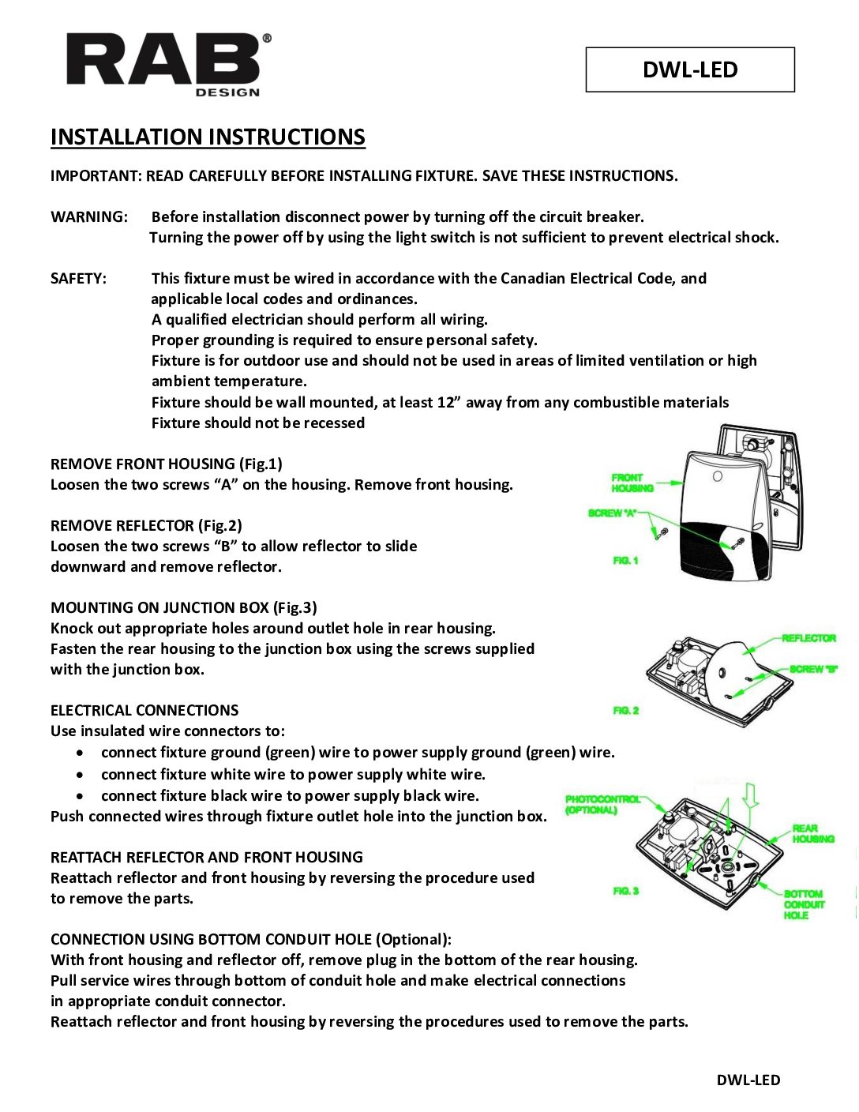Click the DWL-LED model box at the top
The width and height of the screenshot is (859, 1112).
pos(689,69)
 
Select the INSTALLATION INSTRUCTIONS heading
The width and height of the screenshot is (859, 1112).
pos(208,137)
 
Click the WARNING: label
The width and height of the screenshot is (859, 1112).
pos(88,217)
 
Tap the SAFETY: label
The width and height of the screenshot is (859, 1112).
pos(78,279)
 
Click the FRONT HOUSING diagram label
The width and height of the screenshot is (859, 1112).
pos(632,483)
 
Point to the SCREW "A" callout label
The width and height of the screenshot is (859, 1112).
pos(612,513)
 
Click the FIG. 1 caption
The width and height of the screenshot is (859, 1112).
pos(625,561)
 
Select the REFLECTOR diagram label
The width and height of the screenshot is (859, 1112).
pos(808,638)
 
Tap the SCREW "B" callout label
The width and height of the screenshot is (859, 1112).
pos(813,670)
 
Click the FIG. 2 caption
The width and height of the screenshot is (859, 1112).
pos(625,711)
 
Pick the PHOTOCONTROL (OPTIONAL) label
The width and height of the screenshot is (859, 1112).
pos(602,805)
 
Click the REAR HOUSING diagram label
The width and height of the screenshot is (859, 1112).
pos(813,834)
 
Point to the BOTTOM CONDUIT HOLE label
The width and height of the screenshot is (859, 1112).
pos(803,904)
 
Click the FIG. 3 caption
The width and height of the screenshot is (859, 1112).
pos(625,891)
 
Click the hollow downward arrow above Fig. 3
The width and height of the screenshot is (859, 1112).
pos(750,795)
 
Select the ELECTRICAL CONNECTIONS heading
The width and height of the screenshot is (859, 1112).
pos(144,711)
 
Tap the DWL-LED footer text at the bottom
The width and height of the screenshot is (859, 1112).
pos(748,1080)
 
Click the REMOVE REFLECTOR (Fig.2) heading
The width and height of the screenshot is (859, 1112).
pos(146,526)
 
